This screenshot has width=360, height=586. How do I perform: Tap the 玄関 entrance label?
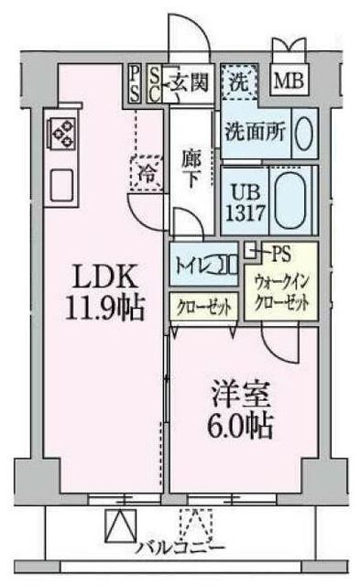pyautogui.click(x=191, y=81)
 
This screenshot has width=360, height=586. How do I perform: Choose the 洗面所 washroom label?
pyautogui.click(x=256, y=130)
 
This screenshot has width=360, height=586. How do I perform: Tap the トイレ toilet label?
pyautogui.click(x=192, y=266)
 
